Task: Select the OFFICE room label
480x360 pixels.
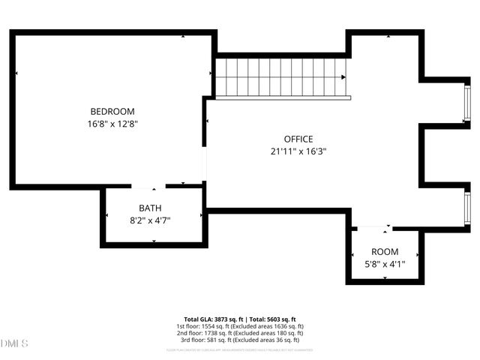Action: [x=298, y=139]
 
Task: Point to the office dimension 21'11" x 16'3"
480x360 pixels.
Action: [x=298, y=151]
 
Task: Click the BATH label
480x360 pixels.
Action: [x=149, y=208]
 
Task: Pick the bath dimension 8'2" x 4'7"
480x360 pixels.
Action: [x=149, y=220]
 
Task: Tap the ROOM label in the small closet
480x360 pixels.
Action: [x=385, y=251]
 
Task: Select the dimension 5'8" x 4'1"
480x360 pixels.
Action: [x=385, y=264]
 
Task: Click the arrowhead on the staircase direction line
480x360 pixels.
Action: [x=343, y=77]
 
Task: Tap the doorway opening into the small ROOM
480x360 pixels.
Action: [x=373, y=227]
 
